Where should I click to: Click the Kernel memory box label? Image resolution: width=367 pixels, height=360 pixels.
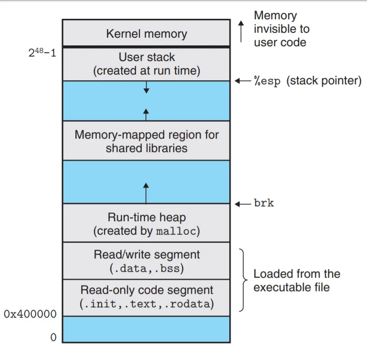pos(146,34)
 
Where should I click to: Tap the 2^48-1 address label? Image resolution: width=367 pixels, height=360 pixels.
pos(42,53)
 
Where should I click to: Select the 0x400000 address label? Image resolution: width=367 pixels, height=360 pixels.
pos(31,314)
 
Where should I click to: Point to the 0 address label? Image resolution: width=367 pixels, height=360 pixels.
pos(53,338)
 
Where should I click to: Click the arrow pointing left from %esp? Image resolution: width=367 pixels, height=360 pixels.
pos(243,81)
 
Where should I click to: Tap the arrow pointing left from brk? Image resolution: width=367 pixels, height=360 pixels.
pos(243,204)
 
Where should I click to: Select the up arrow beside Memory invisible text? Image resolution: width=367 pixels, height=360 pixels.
pos(240,31)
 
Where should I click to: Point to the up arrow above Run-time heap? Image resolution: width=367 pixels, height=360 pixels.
pos(146,193)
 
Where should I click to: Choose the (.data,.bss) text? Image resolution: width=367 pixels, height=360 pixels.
pos(146,268)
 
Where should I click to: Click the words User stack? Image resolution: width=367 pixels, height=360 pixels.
pos(146,57)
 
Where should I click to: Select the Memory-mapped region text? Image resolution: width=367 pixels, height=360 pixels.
pos(146,134)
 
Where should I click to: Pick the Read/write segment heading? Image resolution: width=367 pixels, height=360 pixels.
pos(146,255)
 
